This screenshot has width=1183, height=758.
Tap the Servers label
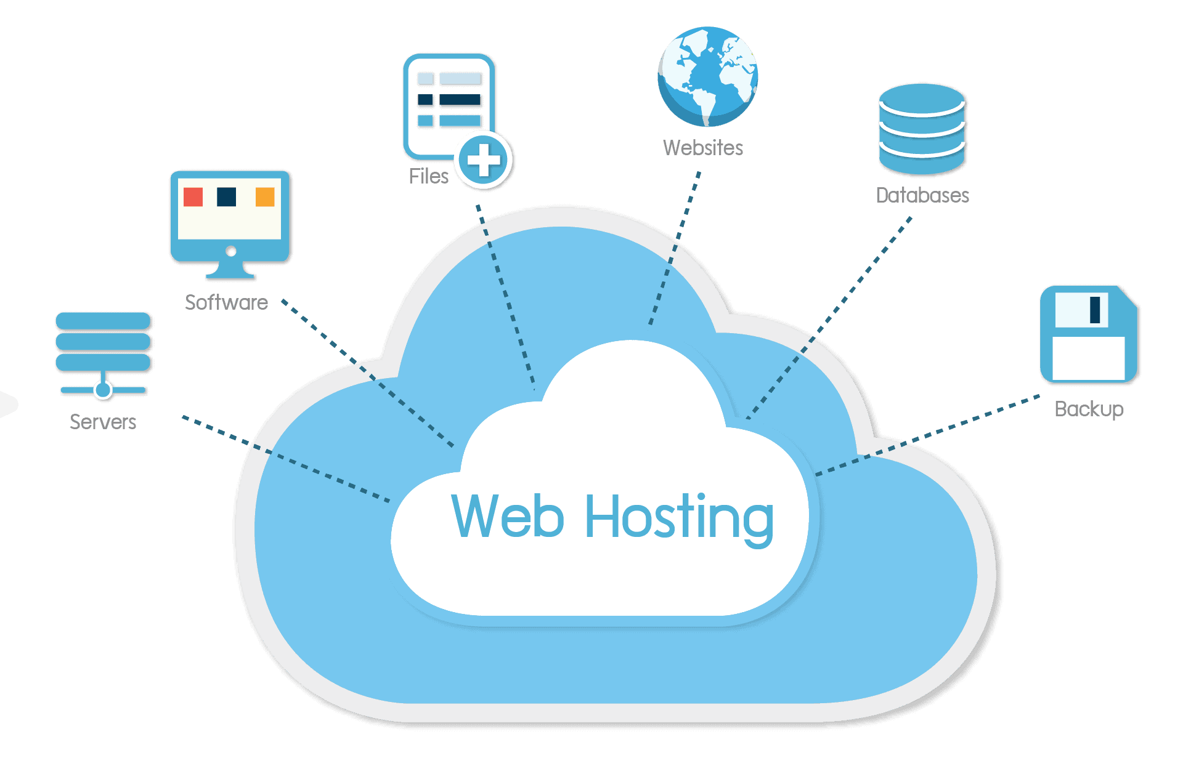[103, 422]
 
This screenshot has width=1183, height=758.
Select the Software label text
[226, 302]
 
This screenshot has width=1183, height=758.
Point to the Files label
[428, 176]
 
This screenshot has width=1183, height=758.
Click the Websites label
[703, 148]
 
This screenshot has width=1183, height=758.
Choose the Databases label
[922, 195]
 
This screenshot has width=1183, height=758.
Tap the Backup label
[1089, 409]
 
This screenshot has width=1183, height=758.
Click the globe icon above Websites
[707, 76]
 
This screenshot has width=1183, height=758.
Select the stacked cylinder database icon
[921, 129]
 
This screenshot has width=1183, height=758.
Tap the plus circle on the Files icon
[484, 160]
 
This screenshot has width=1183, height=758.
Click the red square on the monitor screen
[193, 197]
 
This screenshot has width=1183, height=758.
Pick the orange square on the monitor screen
[265, 197]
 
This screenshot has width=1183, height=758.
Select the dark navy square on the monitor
[227, 197]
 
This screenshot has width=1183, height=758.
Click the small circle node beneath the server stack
[103, 390]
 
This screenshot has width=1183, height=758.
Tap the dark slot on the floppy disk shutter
[1095, 310]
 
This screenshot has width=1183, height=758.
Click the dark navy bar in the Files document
[460, 100]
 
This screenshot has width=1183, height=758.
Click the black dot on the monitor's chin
[230, 251]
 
